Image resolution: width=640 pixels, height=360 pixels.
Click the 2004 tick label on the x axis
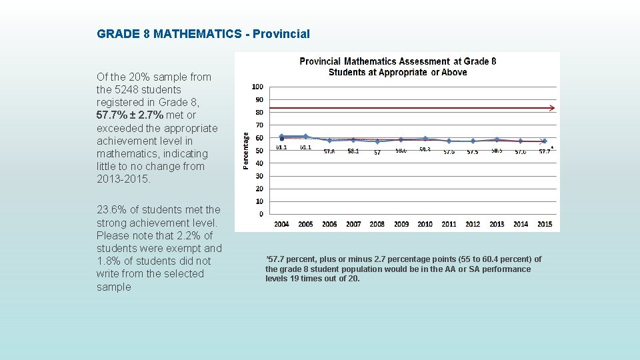tap(281, 225)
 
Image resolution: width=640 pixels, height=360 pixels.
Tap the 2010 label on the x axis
tap(425, 225)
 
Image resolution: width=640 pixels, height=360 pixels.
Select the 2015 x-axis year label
tap(545, 225)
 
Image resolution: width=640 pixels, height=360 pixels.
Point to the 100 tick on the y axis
tap(257, 87)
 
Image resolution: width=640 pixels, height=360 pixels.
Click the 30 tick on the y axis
tap(259, 176)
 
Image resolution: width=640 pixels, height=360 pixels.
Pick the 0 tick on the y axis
tap(261, 214)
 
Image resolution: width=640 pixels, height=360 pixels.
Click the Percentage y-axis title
tap(246, 150)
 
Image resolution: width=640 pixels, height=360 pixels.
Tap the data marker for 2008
tap(377, 141)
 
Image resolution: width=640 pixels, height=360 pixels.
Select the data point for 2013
tap(497, 140)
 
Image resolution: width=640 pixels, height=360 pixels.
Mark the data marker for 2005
tap(305, 137)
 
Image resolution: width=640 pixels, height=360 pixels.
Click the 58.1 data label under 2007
tap(353, 151)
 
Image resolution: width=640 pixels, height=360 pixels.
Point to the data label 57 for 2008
tap(377, 153)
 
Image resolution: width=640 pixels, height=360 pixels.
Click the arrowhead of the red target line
tap(551, 107)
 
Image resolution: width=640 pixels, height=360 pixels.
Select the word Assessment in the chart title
tap(425, 61)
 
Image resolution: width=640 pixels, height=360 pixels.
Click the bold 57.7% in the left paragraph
tap(111, 115)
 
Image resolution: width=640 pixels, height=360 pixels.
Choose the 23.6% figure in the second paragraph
tap(111, 210)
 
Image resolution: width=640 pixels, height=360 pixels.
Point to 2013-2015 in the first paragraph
tap(123, 179)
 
